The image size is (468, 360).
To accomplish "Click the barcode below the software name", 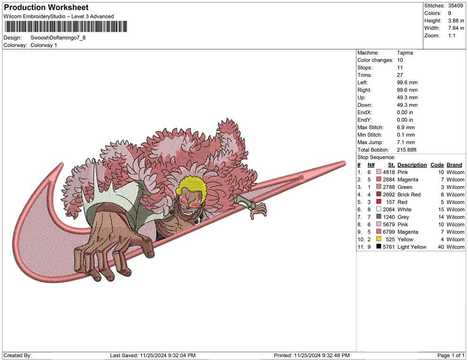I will point(65,27).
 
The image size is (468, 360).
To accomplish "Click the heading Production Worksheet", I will point(46,8).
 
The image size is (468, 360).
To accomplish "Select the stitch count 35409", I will point(455,6).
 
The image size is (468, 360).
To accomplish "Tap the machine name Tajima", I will point(405,53).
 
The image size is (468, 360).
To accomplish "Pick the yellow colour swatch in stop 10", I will point(379,240).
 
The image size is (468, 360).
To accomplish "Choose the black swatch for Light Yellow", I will point(379,247).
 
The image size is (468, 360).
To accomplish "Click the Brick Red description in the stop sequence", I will point(409,195).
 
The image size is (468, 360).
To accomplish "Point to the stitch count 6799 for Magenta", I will point(389,232).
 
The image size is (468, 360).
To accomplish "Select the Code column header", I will point(437,165).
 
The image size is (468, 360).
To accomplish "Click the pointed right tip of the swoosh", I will point(344,163).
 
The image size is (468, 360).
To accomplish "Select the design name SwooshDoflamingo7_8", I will point(58,38).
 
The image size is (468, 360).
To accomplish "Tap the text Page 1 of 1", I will point(451,355).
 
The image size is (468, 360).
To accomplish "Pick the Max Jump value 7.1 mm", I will point(406,142).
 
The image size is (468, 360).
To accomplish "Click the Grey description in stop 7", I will point(405,217).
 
